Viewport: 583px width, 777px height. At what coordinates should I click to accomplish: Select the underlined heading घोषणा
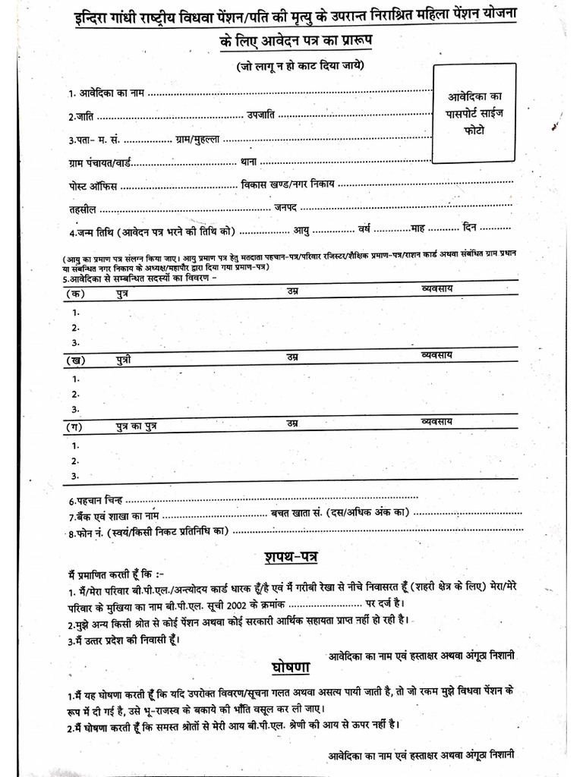tap(290, 667)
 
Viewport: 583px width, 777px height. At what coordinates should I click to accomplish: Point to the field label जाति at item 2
tap(82, 117)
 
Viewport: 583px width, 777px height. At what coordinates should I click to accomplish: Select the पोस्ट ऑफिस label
tap(92, 185)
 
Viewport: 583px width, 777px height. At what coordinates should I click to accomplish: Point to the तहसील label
tap(82, 209)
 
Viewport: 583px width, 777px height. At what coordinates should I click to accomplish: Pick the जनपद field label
tap(285, 207)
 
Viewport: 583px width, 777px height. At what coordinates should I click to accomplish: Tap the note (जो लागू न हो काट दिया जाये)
tap(300, 65)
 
